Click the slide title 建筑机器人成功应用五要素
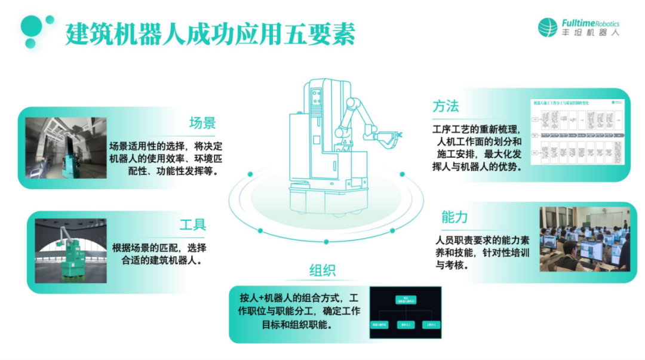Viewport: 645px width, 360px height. coord(210,34)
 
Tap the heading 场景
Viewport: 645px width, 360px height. coord(202,124)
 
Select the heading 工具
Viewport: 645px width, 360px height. coord(192,225)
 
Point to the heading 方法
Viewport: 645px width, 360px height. coord(446,107)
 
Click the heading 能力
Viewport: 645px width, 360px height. coord(454,217)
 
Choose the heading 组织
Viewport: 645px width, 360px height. coord(322,270)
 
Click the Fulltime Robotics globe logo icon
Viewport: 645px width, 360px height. coord(547,27)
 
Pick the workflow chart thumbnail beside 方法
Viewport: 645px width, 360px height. coord(577,132)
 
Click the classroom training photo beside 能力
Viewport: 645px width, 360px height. coord(584,239)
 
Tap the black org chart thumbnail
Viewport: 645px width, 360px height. coord(405,313)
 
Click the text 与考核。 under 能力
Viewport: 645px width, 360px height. coord(452,264)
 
